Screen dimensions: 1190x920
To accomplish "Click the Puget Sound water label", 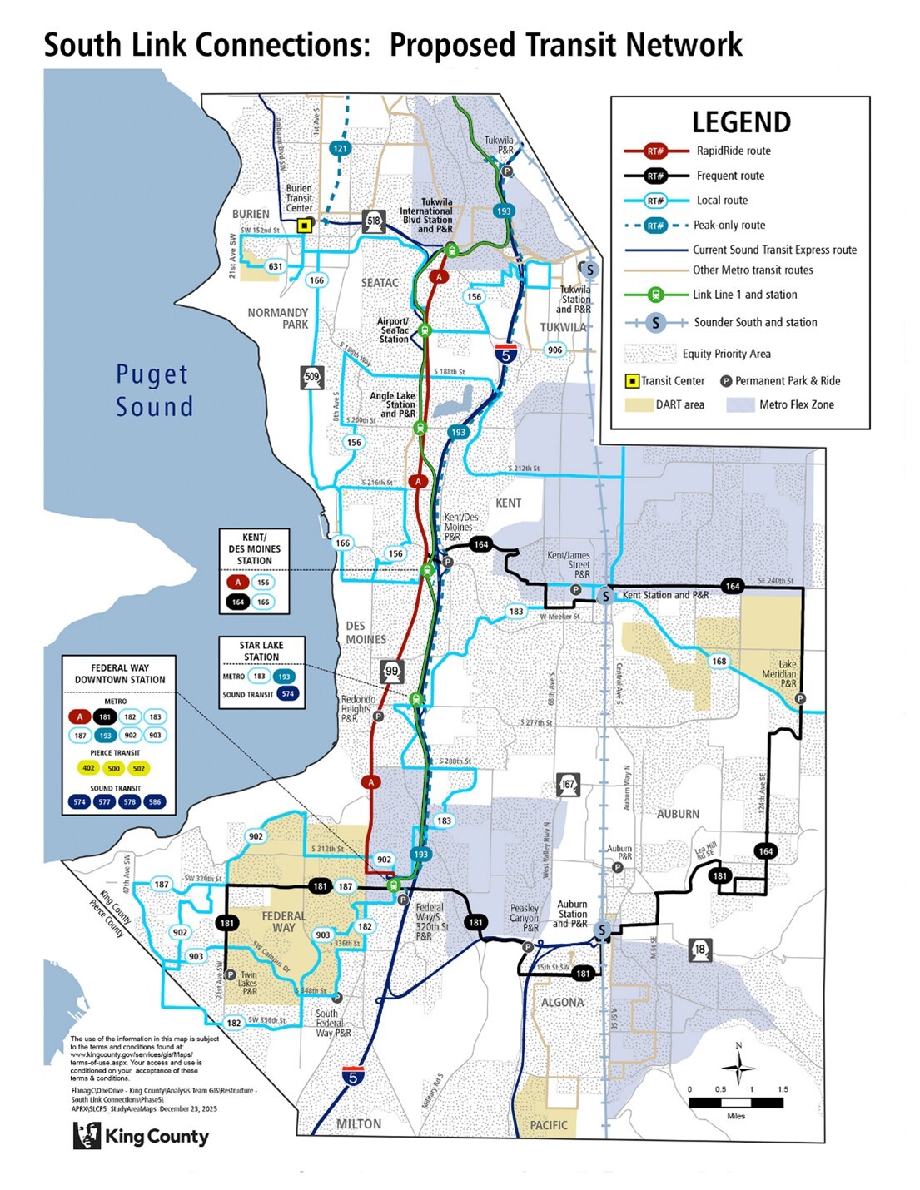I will point(154,390).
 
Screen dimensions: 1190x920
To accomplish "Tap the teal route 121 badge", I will point(340,149).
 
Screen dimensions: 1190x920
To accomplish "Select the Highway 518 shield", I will point(374,221).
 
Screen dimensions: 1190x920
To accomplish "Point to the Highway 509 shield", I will point(311,377).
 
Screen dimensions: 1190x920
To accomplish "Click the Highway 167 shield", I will point(568,784).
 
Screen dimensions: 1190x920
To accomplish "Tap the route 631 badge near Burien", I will point(275,267).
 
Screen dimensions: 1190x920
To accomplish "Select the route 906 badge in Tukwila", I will point(555,350).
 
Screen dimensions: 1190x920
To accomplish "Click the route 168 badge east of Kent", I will point(719,661).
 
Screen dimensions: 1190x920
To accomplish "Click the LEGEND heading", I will point(741,122).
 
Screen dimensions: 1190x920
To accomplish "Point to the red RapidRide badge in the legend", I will point(656,151).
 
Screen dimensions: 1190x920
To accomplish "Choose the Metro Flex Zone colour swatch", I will point(740,404).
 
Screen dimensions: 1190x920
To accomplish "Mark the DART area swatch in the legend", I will point(638,404).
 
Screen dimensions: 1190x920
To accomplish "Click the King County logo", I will point(141,1136).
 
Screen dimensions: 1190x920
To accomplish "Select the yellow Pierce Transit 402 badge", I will point(89,768).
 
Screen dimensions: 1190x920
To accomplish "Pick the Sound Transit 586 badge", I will point(155,802).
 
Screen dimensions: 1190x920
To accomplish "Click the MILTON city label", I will point(359,1124).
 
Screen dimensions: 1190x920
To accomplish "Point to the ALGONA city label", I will point(563,1002).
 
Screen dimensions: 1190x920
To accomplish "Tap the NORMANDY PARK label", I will point(278,319).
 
